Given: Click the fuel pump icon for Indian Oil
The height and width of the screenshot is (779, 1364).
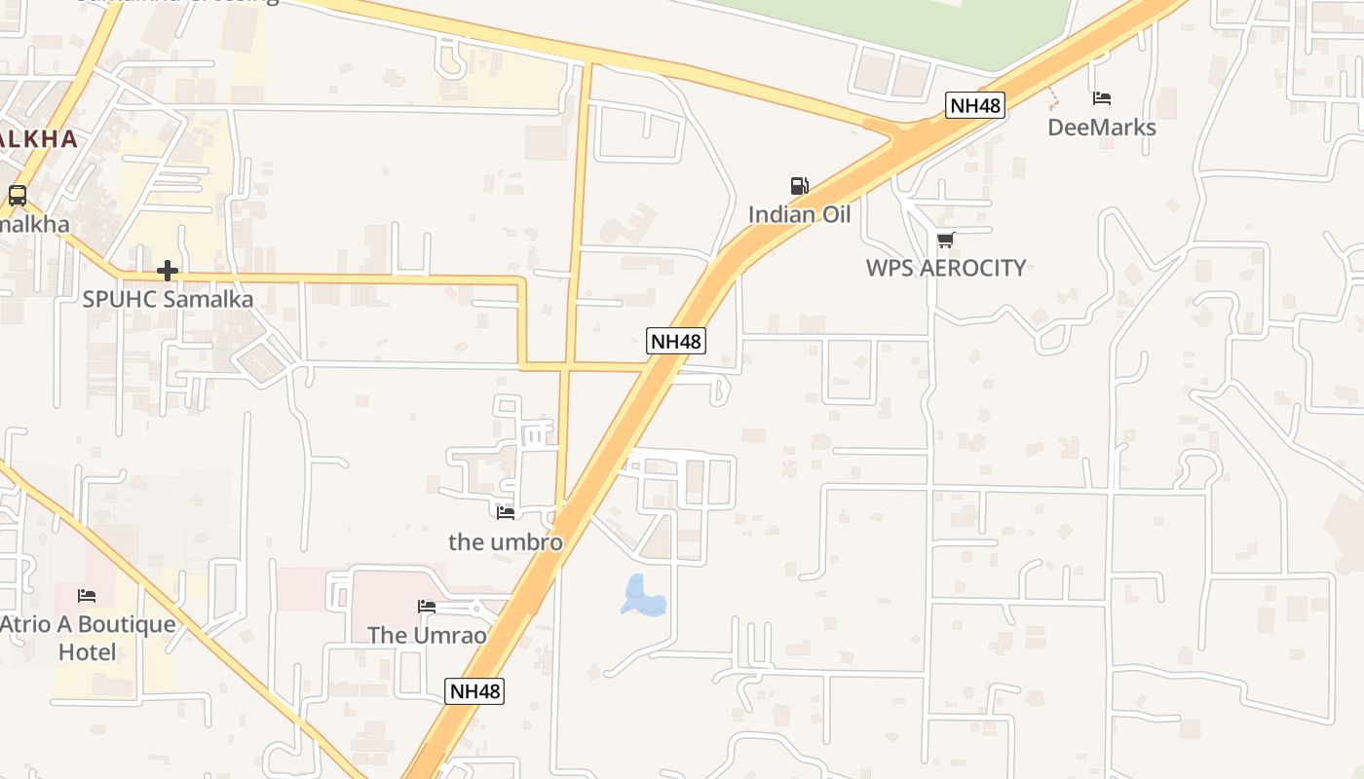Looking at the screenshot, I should pyautogui.click(x=799, y=186).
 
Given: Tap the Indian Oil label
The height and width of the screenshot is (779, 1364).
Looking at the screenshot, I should pyautogui.click(x=799, y=214).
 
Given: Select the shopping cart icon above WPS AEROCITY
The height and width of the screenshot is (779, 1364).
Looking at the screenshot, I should pyautogui.click(x=945, y=240).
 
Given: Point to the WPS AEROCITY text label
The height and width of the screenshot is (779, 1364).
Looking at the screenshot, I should pyautogui.click(x=945, y=268).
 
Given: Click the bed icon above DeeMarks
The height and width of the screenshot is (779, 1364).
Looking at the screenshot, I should pyautogui.click(x=1102, y=98).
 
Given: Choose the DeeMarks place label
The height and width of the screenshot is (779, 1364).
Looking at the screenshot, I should pyautogui.click(x=1102, y=128).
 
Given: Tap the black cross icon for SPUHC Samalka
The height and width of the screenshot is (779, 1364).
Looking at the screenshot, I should pyautogui.click(x=168, y=271).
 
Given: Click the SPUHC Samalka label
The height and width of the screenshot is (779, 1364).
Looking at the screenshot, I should pyautogui.click(x=168, y=299).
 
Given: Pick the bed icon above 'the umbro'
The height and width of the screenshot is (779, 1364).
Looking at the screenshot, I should pyautogui.click(x=506, y=512).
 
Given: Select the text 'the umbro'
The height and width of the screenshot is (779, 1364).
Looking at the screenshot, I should pyautogui.click(x=506, y=541).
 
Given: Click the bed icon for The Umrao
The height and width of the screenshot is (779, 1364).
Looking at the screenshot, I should pyautogui.click(x=427, y=607).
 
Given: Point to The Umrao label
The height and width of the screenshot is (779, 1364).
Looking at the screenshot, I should pyautogui.click(x=427, y=635).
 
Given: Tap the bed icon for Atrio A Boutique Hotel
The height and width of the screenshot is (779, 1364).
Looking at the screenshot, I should pyautogui.click(x=88, y=595).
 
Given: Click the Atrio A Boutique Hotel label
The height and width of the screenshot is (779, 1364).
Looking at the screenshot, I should pyautogui.click(x=88, y=638).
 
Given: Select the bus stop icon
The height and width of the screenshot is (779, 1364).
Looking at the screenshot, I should pyautogui.click(x=18, y=195).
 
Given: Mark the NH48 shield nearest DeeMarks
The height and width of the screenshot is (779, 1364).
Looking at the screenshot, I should pyautogui.click(x=974, y=105).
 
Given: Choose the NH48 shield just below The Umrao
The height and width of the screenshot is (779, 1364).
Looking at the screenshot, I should pyautogui.click(x=474, y=691).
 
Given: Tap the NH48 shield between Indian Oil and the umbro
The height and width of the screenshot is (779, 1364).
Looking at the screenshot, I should pyautogui.click(x=676, y=341).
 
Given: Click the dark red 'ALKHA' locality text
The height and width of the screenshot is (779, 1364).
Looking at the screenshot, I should pyautogui.click(x=39, y=138).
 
